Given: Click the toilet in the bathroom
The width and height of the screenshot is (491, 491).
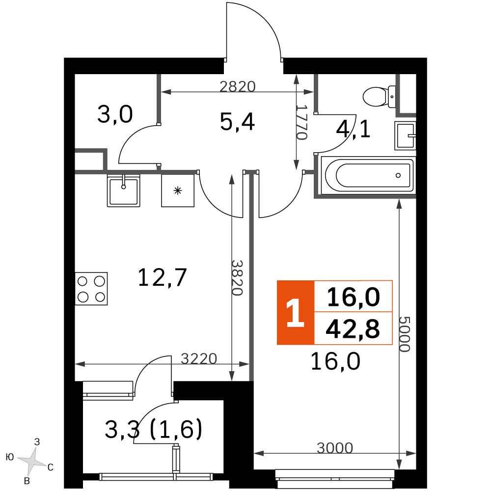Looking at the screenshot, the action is pyautogui.click(x=379, y=97).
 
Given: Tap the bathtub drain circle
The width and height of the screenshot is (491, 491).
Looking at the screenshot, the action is pyautogui.click(x=398, y=175).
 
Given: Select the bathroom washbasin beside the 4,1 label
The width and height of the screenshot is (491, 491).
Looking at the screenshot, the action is pyautogui.click(x=405, y=136).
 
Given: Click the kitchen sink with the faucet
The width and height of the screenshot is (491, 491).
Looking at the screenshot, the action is pyautogui.click(x=123, y=191).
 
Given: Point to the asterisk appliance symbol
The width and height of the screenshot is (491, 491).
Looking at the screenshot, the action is pyautogui.click(x=178, y=191).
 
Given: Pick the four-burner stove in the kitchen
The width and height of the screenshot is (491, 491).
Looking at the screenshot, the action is pyautogui.click(x=91, y=288).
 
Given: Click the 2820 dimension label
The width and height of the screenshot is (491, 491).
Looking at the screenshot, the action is pyautogui.click(x=237, y=86).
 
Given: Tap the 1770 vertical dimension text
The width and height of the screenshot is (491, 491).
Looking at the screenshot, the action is pyautogui.click(x=301, y=122).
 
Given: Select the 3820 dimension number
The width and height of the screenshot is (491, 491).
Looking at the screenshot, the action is pyautogui.click(x=237, y=278).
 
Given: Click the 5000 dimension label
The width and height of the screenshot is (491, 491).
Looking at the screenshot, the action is pyautogui.click(x=404, y=334).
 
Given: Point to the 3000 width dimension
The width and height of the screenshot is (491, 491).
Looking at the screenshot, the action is pyautogui.click(x=335, y=448).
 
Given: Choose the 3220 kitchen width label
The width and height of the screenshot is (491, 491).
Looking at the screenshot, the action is pyautogui.click(x=199, y=359).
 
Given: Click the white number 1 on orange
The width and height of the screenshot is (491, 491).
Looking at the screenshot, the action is pyautogui.click(x=295, y=312).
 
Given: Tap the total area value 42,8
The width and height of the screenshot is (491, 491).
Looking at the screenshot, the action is pyautogui.click(x=353, y=329).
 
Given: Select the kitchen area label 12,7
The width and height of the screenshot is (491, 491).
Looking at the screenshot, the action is pyautogui.click(x=162, y=277).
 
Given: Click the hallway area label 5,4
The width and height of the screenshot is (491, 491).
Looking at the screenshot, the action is pyautogui.click(x=237, y=122).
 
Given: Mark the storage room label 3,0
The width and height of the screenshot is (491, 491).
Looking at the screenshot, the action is pyautogui.click(x=115, y=114).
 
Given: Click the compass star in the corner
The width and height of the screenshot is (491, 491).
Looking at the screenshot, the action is pyautogui.click(x=31, y=461).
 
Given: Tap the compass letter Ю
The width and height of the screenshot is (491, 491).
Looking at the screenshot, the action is pyautogui.click(x=10, y=457).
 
